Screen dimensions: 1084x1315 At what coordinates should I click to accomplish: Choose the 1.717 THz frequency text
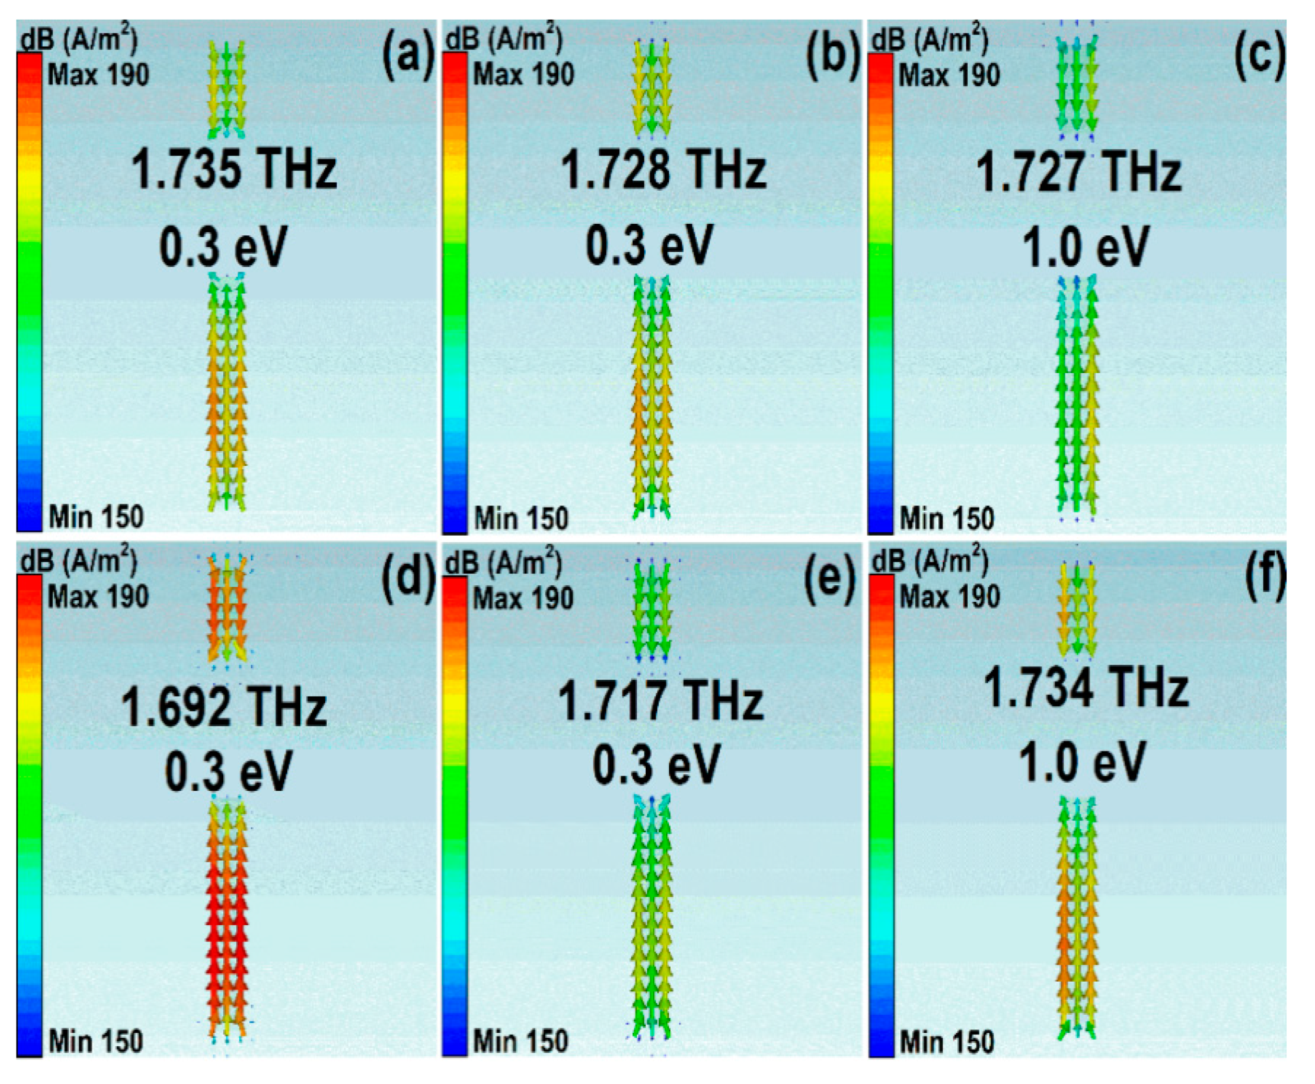click(x=660, y=700)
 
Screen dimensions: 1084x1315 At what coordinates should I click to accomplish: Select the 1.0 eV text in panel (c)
click(x=1085, y=247)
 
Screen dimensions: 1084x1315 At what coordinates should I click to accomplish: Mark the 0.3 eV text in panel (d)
click(x=228, y=771)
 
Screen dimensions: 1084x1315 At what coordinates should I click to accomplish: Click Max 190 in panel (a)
click(x=98, y=75)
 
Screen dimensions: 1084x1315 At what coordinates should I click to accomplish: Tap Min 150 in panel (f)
click(x=946, y=1041)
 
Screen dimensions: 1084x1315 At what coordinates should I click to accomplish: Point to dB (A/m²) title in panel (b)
click(x=503, y=40)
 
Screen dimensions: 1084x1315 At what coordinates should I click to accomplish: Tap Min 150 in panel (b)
click(x=521, y=518)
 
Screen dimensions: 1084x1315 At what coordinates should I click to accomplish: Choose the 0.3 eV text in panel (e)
click(x=655, y=765)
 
